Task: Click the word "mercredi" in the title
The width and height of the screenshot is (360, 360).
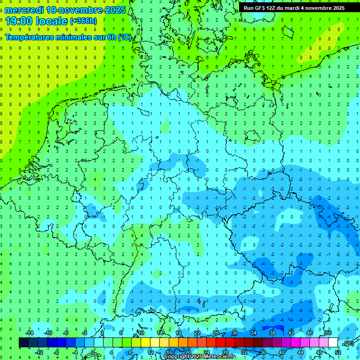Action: [24, 9]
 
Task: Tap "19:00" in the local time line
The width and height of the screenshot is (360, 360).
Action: [18, 21]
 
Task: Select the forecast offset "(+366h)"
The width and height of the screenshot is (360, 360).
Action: [83, 21]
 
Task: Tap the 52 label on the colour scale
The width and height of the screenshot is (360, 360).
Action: [337, 352]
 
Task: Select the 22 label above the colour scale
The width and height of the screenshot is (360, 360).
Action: [197, 333]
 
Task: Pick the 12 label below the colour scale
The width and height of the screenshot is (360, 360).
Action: [150, 352]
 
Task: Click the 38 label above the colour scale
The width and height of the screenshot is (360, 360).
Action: [272, 333]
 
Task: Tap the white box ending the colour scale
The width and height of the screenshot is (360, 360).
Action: [333, 343]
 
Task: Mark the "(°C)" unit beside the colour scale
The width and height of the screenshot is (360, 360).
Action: [348, 343]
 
